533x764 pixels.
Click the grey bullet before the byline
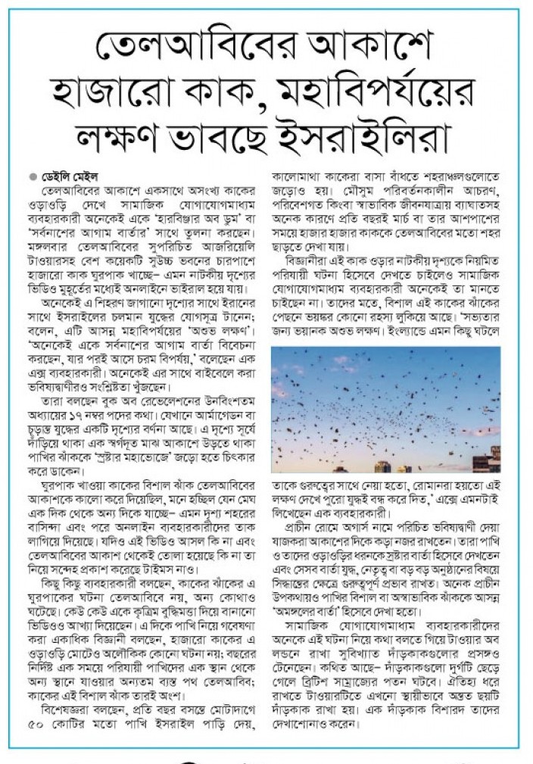click(x=33, y=176)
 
